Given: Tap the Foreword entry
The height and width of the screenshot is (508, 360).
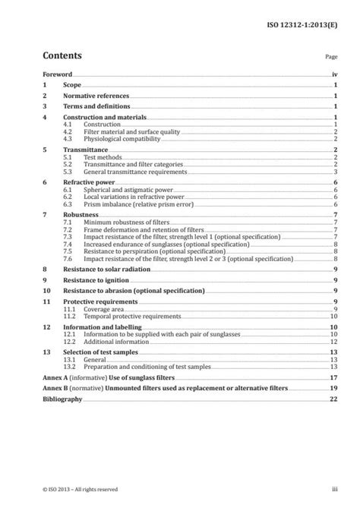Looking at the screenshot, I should pos(57,75).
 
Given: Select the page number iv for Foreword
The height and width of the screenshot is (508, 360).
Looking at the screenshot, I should pos(334,75).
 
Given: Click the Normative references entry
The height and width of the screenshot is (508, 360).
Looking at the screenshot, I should pos(96,96).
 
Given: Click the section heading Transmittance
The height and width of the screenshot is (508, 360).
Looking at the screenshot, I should pos(84,150).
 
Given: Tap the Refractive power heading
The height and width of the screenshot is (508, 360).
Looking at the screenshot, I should pos(87,183).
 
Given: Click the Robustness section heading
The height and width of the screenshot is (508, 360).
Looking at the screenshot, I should pos(80,216).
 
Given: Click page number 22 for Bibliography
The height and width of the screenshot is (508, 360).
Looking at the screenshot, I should pos(333,397).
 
